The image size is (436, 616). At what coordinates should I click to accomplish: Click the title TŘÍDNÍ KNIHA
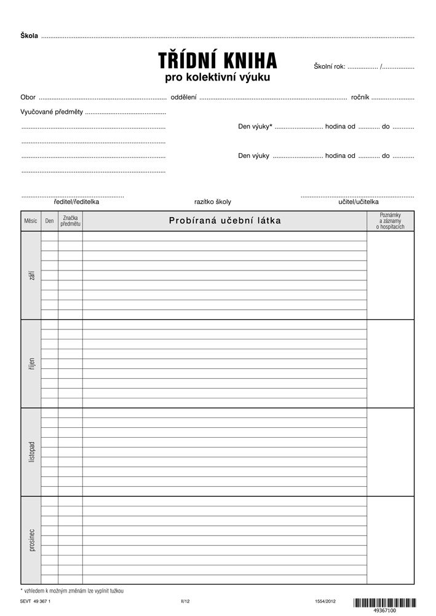[218, 60]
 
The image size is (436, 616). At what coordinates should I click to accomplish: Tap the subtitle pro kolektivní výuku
[218, 78]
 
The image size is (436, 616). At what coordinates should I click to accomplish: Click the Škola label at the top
[30, 36]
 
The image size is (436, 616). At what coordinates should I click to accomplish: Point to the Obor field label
[28, 98]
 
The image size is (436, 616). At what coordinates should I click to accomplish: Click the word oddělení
[183, 98]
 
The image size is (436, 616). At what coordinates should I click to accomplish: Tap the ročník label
[360, 98]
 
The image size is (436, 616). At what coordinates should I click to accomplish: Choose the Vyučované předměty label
[52, 112]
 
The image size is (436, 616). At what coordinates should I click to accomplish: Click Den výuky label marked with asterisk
[255, 127]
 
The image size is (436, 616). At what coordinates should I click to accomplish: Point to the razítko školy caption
[213, 202]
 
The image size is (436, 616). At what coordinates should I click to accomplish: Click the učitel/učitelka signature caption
[359, 202]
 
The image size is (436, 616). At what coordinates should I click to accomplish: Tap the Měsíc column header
[31, 221]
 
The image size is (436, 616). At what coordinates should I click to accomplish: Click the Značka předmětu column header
[70, 221]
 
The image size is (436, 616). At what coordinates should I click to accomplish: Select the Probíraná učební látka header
[224, 221]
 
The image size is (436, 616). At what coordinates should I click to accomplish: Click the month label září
[31, 275]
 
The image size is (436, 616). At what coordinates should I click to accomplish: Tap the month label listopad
[31, 452]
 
